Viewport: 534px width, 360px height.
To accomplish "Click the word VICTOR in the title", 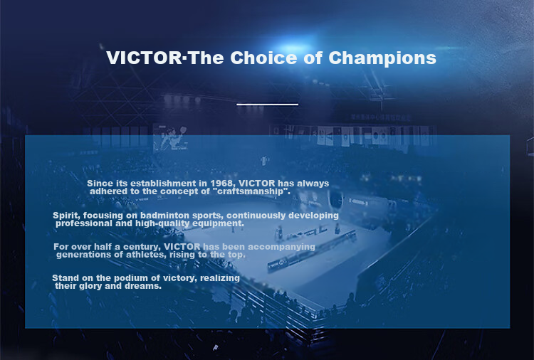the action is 145,58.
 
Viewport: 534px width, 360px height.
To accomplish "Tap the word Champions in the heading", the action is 382,58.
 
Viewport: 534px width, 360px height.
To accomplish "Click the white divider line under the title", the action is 267,105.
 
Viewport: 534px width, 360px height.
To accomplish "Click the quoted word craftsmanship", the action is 251,191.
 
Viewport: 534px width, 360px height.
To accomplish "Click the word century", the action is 142,247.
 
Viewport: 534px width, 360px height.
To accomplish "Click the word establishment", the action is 163,184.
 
